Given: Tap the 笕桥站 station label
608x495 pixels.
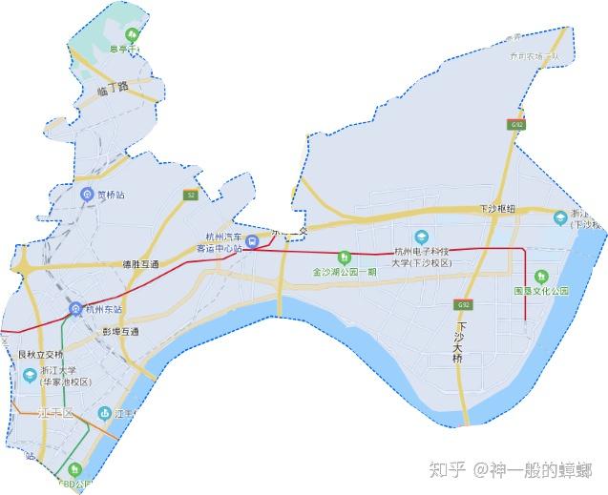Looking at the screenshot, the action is pyautogui.click(x=111, y=196).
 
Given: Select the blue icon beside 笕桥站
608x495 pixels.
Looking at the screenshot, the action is pyautogui.click(x=87, y=196).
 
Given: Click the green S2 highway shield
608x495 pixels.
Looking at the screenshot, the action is pyautogui.click(x=190, y=195).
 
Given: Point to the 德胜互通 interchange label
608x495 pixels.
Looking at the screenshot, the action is pyautogui.click(x=141, y=263).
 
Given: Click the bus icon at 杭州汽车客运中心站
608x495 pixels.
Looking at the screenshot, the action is pyautogui.click(x=251, y=242).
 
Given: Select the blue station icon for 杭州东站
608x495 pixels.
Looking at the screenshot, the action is pyautogui.click(x=74, y=308).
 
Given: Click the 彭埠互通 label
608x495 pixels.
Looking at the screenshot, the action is pyautogui.click(x=121, y=332).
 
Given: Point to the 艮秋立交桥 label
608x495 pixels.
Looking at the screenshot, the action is pyautogui.click(x=40, y=355).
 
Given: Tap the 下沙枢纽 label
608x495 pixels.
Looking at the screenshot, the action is pyautogui.click(x=496, y=208).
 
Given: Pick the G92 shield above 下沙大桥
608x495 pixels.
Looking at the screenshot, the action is pyautogui.click(x=463, y=304).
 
